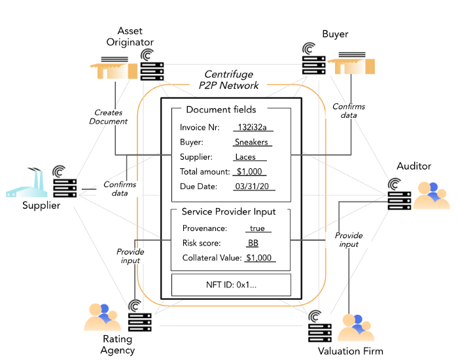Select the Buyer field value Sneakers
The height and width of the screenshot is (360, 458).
(x=252, y=142)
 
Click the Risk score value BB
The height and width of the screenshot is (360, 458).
(x=253, y=243)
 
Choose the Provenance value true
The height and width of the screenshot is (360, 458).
(x=257, y=228)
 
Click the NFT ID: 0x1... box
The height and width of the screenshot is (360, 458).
(x=230, y=285)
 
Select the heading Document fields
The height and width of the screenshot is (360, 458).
(x=221, y=109)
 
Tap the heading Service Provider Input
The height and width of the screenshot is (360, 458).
(x=228, y=212)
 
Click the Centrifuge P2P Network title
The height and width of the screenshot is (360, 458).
(x=229, y=80)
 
